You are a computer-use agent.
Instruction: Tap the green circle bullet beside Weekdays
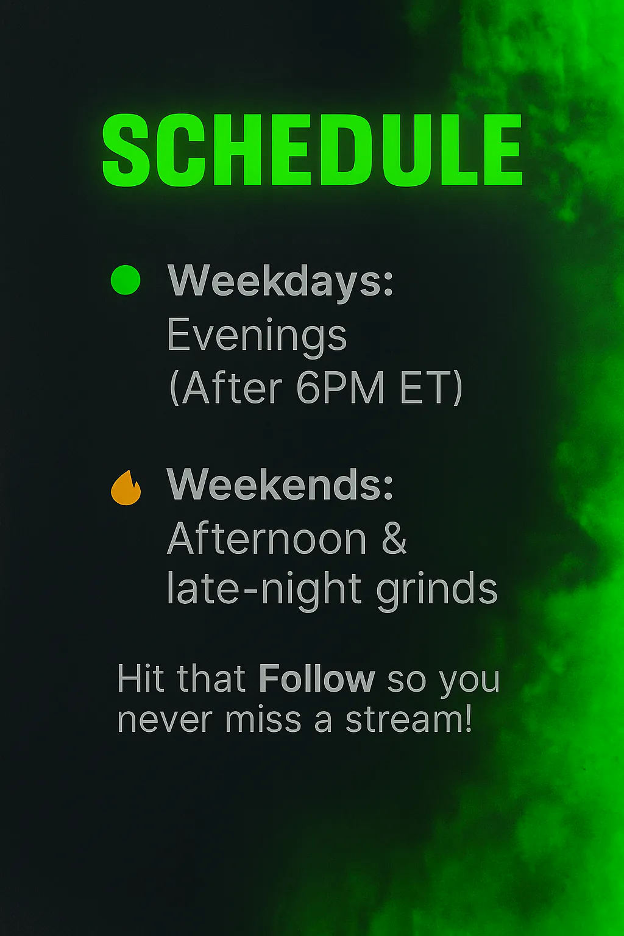(126, 280)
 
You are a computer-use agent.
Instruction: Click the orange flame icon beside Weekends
(126, 487)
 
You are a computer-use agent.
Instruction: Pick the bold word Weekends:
(280, 484)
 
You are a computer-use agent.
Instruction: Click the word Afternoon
(267, 538)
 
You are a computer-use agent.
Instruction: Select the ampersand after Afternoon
(393, 538)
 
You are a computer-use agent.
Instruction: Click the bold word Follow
(317, 679)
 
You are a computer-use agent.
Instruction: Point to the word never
(166, 721)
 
